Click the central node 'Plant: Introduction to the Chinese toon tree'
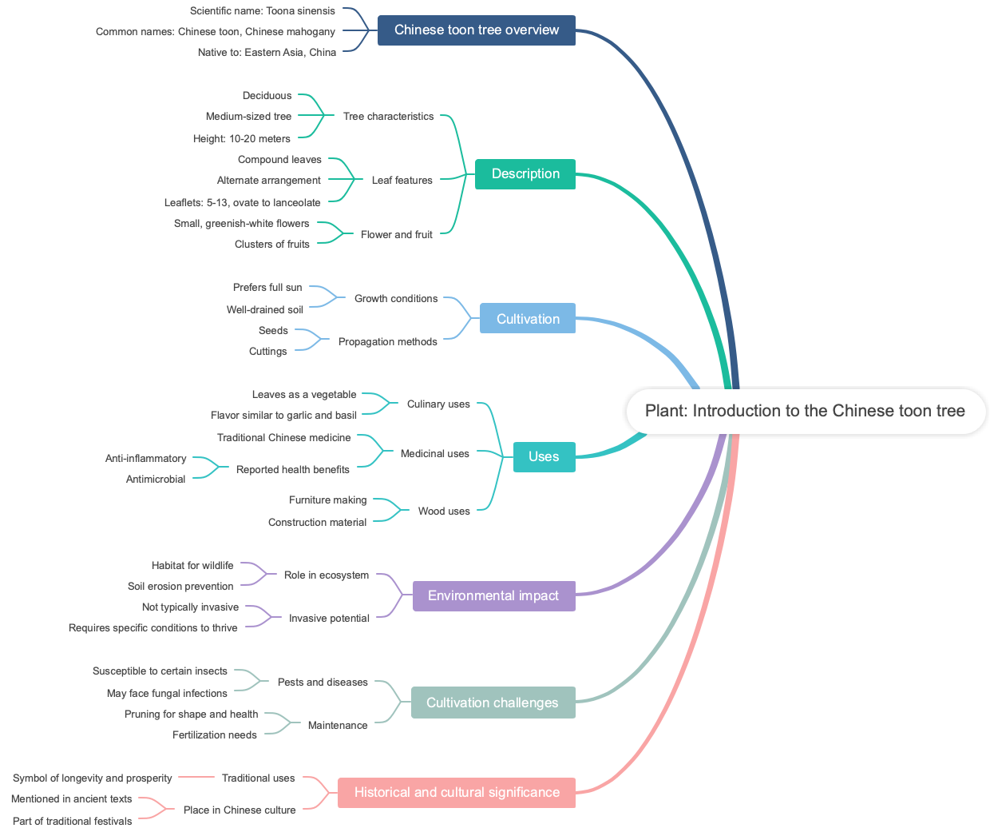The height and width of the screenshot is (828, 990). pyautogui.click(x=805, y=411)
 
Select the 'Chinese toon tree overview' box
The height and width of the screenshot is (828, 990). pyautogui.click(x=476, y=30)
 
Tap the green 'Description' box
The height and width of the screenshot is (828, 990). pyautogui.click(x=525, y=174)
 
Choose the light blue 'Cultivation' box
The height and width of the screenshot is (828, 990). pyautogui.click(x=528, y=319)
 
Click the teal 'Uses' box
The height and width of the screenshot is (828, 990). pyautogui.click(x=544, y=456)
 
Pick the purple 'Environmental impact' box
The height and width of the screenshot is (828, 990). pyautogui.click(x=493, y=595)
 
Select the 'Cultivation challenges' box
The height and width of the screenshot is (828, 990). pyautogui.click(x=493, y=703)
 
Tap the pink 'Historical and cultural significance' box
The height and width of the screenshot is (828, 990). pyautogui.click(x=457, y=792)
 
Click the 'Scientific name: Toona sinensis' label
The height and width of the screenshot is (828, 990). pyautogui.click(x=263, y=11)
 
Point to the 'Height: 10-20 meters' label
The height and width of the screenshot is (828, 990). pyautogui.click(x=242, y=139)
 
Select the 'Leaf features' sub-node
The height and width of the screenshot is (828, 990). pyautogui.click(x=402, y=181)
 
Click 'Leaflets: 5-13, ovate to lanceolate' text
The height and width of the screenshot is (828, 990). pyautogui.click(x=243, y=203)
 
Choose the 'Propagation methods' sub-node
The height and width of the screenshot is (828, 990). pyautogui.click(x=388, y=342)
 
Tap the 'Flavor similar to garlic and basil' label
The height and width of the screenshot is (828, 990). pyautogui.click(x=283, y=416)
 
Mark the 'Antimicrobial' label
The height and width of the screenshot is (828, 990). pyautogui.click(x=156, y=480)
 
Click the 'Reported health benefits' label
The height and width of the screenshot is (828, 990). pyautogui.click(x=293, y=470)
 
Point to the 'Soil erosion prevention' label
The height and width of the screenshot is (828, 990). pyautogui.click(x=180, y=587)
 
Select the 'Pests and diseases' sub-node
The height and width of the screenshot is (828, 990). pyautogui.click(x=323, y=683)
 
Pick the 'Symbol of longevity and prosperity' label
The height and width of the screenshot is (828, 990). pyautogui.click(x=93, y=778)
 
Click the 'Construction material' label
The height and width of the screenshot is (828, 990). pyautogui.click(x=318, y=523)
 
